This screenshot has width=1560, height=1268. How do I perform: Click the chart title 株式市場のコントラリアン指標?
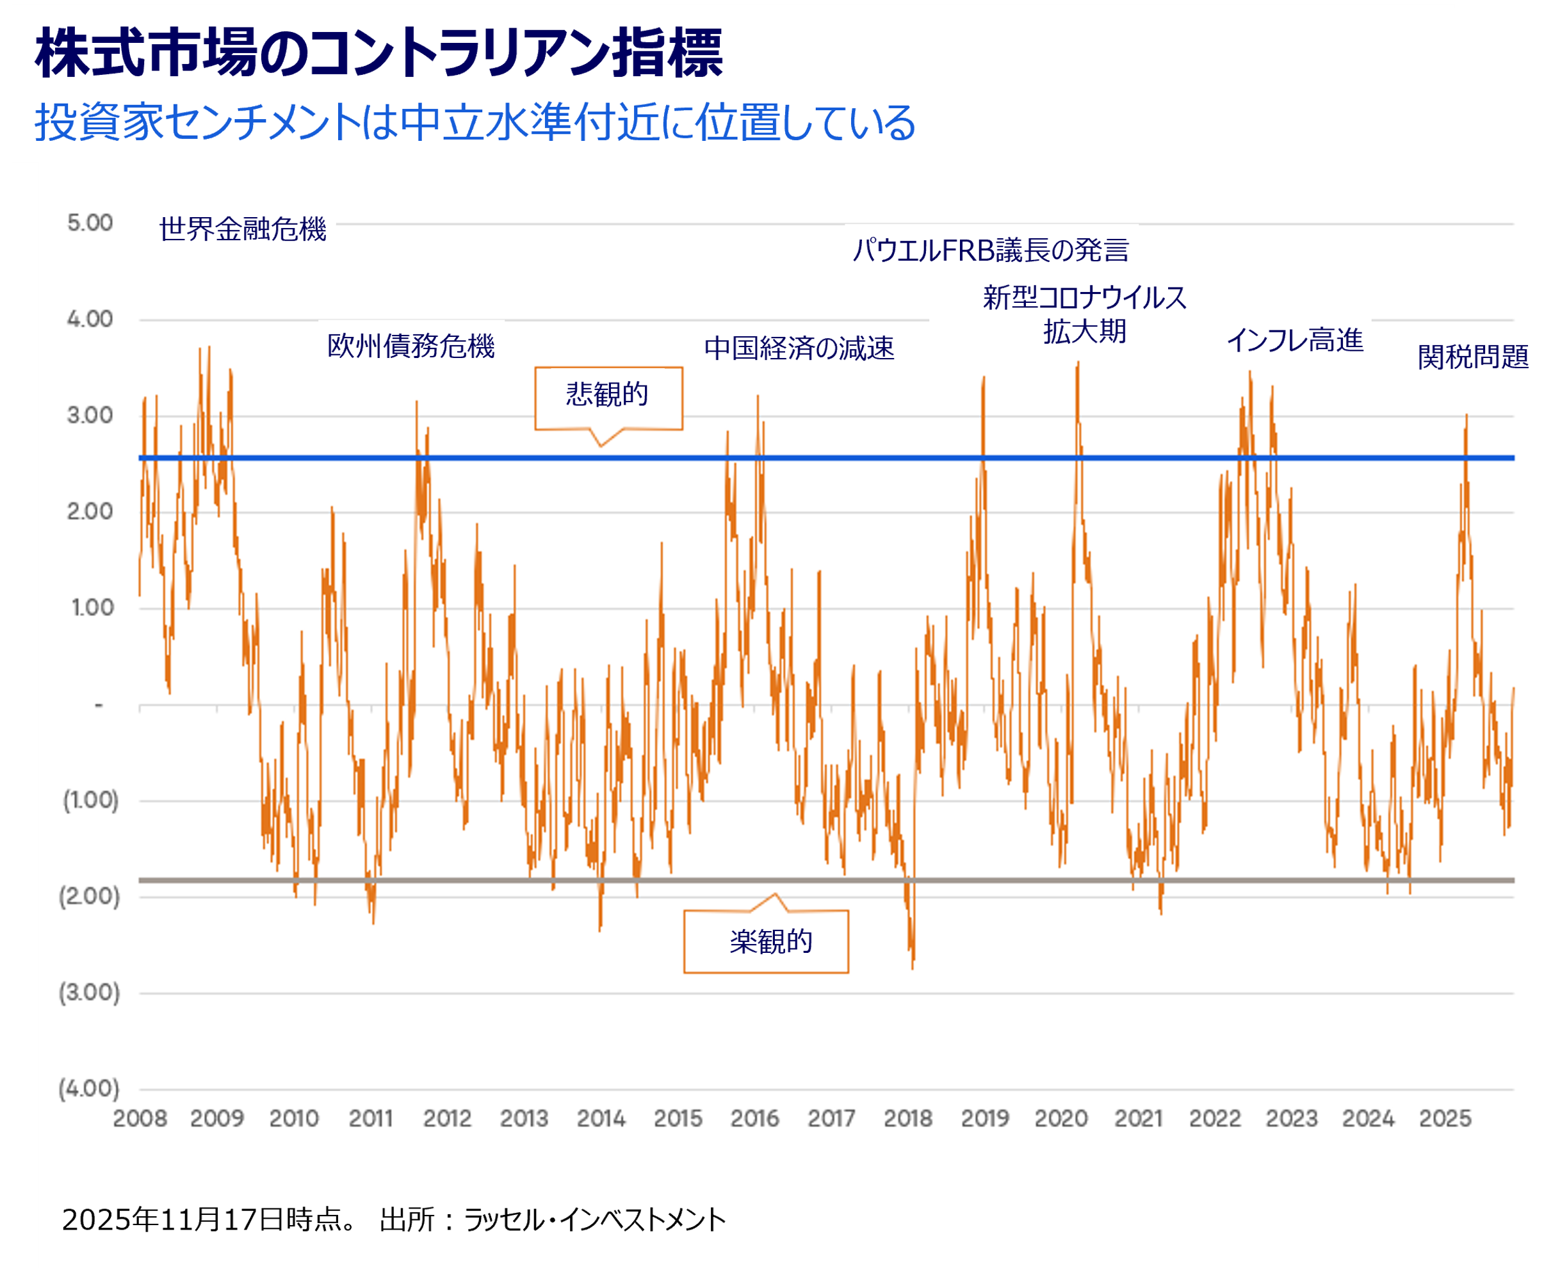(x=378, y=53)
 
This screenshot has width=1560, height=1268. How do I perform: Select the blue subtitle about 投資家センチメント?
(x=475, y=122)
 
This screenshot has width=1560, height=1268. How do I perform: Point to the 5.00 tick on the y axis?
(x=90, y=223)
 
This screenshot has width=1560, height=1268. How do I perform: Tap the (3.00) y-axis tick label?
(x=89, y=992)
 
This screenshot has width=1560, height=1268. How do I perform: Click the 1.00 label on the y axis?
(x=92, y=607)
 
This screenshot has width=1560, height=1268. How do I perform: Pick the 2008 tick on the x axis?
(x=140, y=1118)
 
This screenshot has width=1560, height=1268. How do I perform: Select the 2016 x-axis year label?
(x=754, y=1118)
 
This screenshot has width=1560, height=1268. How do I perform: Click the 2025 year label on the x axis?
(x=1445, y=1118)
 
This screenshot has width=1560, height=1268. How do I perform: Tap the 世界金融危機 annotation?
(x=243, y=229)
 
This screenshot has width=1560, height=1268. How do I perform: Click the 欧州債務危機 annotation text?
(x=410, y=346)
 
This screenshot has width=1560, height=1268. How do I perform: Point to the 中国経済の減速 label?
(x=799, y=348)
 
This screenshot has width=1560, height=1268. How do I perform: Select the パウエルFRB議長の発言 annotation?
(x=990, y=250)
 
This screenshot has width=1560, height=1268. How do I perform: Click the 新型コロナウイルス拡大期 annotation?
(x=1085, y=314)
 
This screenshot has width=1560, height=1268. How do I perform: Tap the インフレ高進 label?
(x=1294, y=340)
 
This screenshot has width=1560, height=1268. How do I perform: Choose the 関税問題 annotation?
(x=1472, y=357)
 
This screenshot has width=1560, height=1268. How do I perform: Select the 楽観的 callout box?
(x=767, y=941)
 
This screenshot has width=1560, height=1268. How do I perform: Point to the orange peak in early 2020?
(x=1077, y=363)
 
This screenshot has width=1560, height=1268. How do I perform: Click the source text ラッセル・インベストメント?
(x=594, y=1219)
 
